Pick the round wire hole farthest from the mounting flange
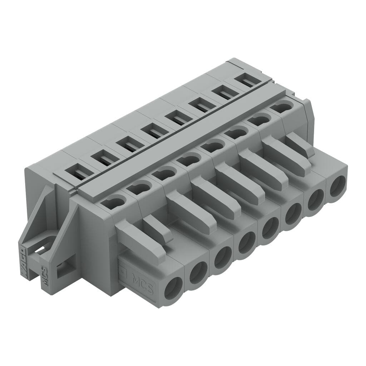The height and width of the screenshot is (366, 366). click(337, 186)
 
